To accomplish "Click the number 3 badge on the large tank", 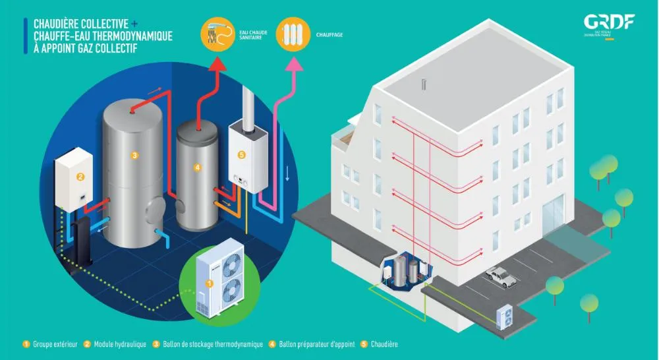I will coord(134,156).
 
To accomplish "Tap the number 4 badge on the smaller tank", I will coord(197,167).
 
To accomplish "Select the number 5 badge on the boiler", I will coord(241,156).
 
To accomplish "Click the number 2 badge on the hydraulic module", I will coord(80,176).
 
